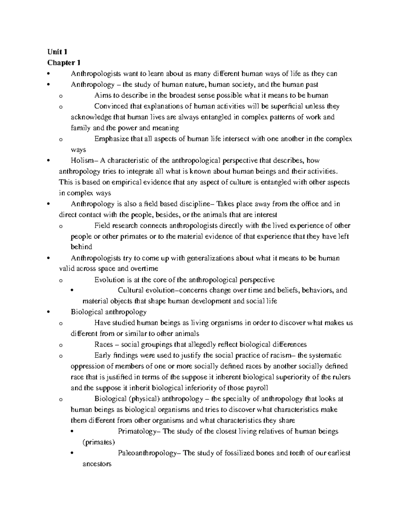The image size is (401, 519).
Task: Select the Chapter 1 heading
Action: tap(64, 62)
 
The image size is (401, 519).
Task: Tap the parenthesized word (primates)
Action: tap(99, 442)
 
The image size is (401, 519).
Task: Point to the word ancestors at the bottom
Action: tap(97, 464)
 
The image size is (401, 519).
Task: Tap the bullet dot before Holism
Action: tap(49, 161)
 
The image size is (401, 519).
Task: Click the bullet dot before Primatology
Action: tap(73, 432)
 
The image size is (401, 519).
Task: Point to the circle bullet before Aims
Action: tap(60, 96)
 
